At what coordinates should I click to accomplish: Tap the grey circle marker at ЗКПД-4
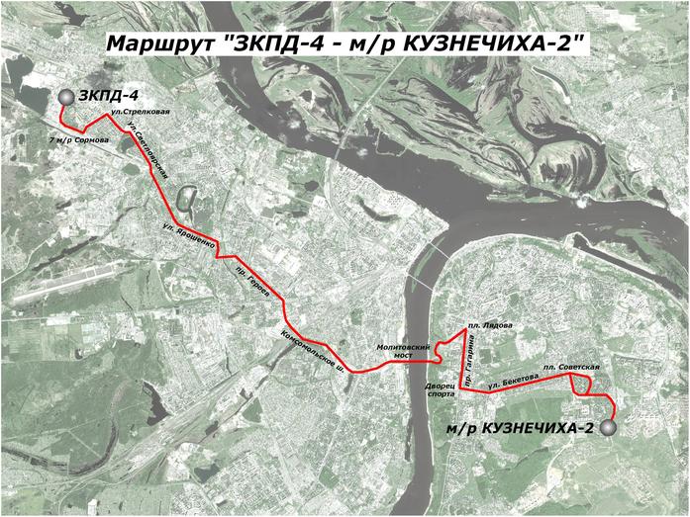coord(65,96)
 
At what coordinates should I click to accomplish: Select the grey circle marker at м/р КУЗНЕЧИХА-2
coord(609,427)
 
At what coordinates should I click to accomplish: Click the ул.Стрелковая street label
coord(141,112)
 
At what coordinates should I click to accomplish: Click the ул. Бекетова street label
coord(514,378)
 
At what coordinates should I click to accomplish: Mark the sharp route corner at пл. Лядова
coord(464,334)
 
